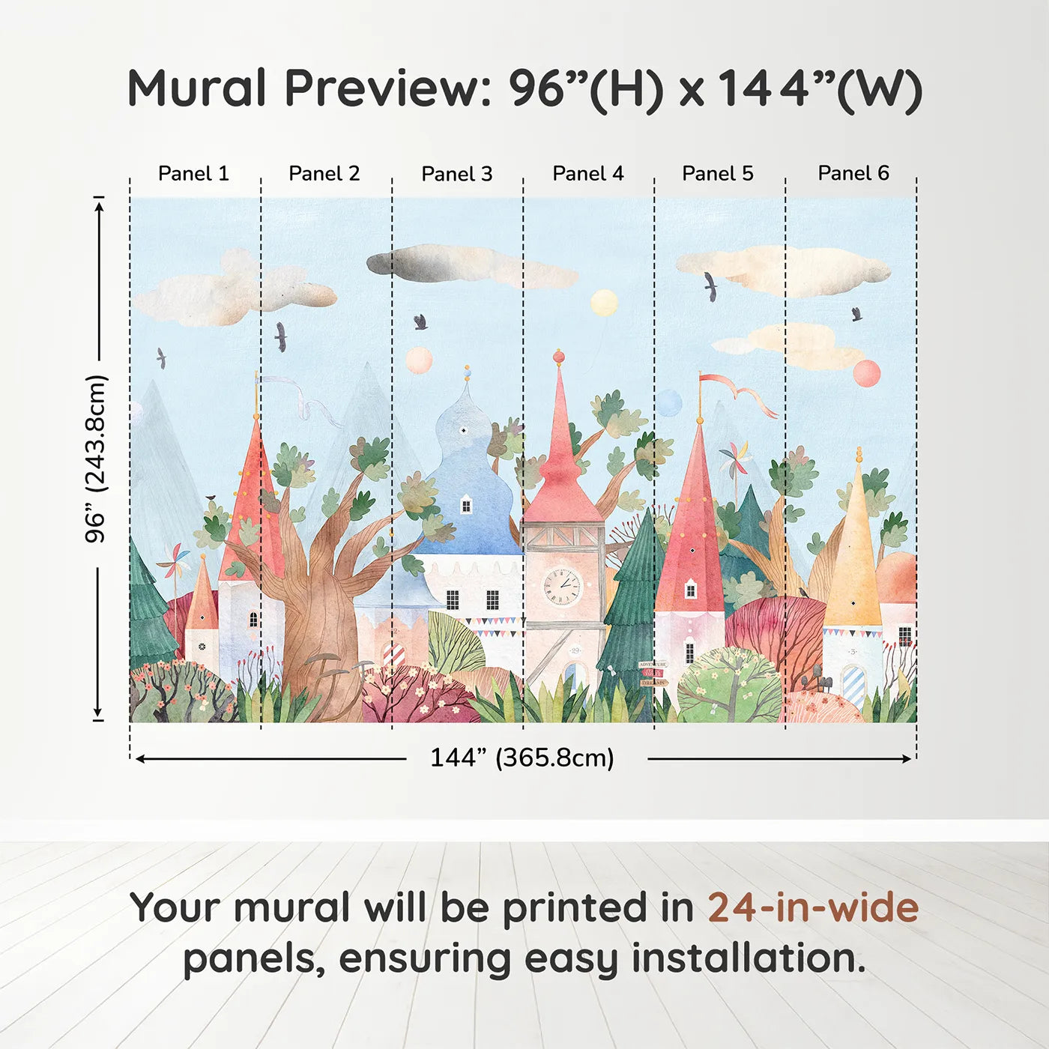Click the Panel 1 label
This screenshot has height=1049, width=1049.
click(193, 174)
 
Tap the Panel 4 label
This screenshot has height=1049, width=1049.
click(587, 174)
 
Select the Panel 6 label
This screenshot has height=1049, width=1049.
click(853, 174)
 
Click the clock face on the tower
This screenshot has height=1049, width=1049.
click(562, 586)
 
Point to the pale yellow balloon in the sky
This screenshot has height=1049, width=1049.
click(604, 303)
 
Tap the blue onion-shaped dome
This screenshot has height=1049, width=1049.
click(468, 480)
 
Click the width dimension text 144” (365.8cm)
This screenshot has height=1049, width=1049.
click(522, 758)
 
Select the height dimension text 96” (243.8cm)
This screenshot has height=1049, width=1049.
click(96, 459)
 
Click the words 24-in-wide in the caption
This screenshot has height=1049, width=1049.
click(812, 908)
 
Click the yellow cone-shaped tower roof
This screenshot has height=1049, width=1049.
click(854, 554)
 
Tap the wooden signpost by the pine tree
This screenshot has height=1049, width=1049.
click(652, 674)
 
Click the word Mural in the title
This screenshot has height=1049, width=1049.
click(196, 88)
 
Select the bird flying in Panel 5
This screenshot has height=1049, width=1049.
click(710, 286)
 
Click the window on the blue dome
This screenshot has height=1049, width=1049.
click(465, 506)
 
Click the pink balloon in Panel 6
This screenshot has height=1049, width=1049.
click(866, 373)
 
